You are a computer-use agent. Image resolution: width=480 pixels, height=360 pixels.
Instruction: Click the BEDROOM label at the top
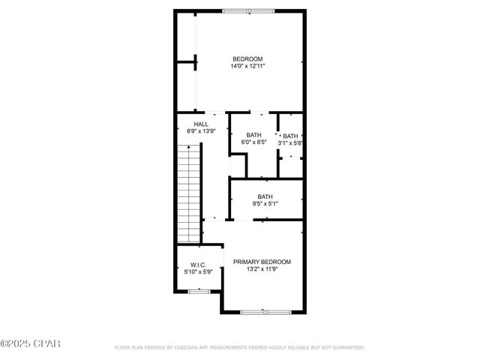(247, 59)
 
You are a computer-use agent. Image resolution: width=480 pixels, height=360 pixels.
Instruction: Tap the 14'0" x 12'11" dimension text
(247, 67)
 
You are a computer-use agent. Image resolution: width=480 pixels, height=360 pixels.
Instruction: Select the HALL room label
(201, 124)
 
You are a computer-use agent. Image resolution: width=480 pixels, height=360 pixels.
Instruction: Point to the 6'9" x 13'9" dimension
(201, 131)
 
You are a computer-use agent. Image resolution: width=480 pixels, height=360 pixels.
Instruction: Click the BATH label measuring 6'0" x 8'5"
(253, 135)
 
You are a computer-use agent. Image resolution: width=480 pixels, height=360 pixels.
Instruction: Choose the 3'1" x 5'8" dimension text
(290, 142)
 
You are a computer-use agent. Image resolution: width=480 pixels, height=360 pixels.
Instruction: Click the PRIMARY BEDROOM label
(262, 262)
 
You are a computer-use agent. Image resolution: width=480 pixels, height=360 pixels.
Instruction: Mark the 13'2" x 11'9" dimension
(262, 269)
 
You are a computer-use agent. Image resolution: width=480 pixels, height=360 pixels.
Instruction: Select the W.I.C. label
(199, 265)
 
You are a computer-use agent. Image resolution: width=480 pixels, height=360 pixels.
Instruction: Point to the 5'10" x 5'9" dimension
(199, 271)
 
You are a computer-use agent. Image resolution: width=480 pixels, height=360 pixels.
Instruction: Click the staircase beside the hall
(190, 184)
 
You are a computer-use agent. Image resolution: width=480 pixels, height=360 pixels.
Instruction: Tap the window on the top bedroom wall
(248, 10)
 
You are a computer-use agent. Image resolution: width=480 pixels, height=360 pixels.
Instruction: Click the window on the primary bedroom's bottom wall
(263, 311)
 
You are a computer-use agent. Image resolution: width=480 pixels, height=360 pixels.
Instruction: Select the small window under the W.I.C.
(199, 291)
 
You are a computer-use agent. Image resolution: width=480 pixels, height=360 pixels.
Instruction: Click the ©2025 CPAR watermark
(30, 344)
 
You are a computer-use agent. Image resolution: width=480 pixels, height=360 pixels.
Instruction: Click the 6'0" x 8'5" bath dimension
(253, 142)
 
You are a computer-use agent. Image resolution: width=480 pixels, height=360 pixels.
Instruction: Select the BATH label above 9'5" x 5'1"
(265, 196)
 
